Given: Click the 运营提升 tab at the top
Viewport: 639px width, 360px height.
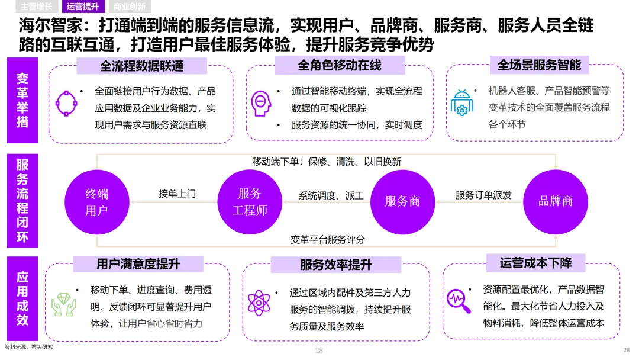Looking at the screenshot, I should (x=83, y=7).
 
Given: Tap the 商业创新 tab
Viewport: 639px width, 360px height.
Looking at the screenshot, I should (x=129, y=7).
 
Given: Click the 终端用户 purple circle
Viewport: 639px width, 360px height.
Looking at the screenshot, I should (x=96, y=201).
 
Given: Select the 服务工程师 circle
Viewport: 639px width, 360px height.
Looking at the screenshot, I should (x=249, y=201).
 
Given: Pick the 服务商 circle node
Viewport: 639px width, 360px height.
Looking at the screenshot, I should (x=402, y=201).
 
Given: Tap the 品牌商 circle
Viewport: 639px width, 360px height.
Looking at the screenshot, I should (x=555, y=201).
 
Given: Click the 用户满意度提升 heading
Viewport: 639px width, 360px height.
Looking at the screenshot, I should (x=138, y=264).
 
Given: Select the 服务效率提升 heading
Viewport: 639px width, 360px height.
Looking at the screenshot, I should (x=335, y=265).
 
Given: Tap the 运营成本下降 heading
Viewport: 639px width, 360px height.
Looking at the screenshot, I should (x=535, y=263).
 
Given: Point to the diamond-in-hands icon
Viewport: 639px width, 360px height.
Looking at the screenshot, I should (x=63, y=303).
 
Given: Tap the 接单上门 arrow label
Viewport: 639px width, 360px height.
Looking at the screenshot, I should (x=177, y=194).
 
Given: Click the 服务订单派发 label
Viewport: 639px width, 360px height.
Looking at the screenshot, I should (x=483, y=195).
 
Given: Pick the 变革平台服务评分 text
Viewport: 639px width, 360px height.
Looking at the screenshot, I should (x=327, y=240).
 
